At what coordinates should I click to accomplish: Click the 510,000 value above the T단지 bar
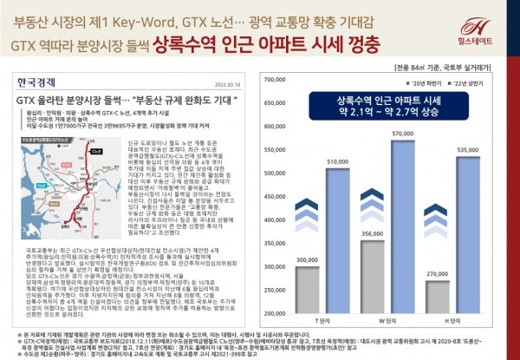coord(338,162)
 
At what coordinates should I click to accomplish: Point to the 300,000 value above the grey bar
coord(308,259)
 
